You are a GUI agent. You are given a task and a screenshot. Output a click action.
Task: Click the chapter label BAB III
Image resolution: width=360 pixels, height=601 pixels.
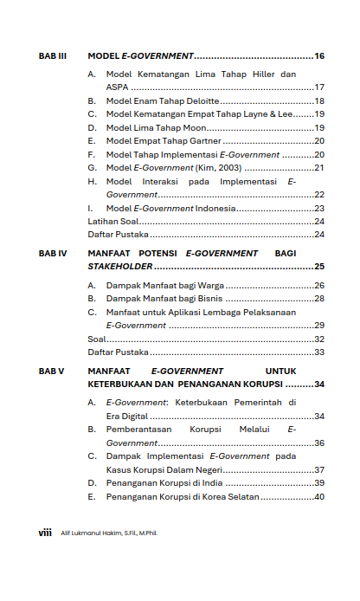53,56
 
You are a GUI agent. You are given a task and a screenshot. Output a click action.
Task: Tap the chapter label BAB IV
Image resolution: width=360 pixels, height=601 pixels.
53,254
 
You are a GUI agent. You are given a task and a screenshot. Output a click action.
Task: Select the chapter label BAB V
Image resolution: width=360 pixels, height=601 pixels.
52,371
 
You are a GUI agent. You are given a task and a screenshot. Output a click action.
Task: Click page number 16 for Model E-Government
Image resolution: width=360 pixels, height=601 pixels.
318,56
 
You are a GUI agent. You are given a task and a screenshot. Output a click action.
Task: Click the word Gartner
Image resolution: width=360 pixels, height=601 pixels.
204,140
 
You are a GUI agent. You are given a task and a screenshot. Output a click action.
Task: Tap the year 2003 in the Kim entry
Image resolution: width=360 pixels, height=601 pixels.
230,168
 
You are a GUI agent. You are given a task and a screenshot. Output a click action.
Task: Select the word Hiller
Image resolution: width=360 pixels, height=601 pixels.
259,74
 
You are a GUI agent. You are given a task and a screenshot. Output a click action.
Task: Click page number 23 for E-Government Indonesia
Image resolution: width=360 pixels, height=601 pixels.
318,209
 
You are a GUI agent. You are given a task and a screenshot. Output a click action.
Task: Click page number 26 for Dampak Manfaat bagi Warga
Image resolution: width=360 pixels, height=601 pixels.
318,286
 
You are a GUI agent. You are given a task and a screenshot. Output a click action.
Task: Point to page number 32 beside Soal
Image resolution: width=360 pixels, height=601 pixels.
318,339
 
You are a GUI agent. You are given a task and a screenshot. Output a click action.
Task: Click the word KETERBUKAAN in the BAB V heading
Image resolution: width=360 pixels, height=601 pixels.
120,385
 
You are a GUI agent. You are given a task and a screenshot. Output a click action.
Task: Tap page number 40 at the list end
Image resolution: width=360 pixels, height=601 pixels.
318,497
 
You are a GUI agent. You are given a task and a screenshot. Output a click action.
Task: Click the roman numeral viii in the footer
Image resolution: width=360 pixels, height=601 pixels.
45,533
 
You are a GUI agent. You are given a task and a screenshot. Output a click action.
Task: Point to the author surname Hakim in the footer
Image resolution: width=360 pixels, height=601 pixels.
111,533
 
